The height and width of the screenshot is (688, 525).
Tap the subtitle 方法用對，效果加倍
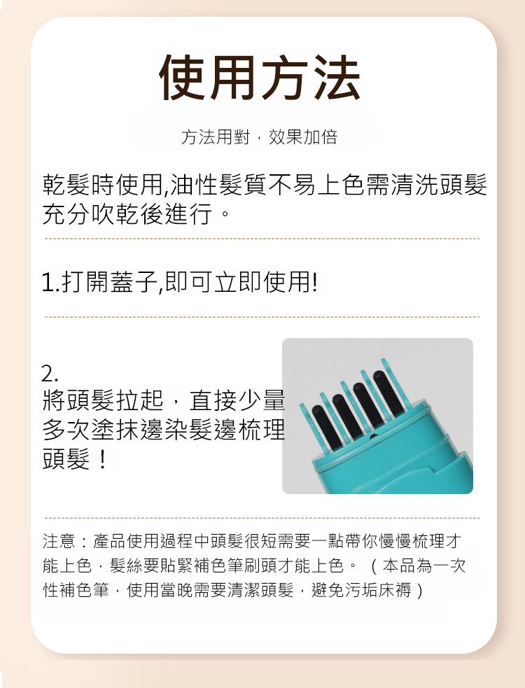(259, 137)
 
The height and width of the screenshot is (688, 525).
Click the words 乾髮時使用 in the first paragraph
(103, 185)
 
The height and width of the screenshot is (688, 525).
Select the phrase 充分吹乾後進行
(127, 213)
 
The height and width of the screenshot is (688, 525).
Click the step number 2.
(49, 374)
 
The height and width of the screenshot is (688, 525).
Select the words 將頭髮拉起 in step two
(103, 400)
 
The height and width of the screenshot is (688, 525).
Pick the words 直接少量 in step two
(237, 400)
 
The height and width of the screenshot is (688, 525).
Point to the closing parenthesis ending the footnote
(420, 590)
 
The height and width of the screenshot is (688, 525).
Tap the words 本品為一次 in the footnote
(424, 566)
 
